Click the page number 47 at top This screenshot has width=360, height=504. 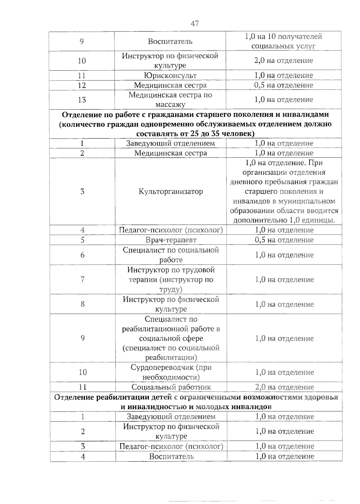coord(194,23)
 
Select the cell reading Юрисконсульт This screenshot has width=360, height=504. coord(170,75)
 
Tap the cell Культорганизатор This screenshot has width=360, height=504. coord(171,191)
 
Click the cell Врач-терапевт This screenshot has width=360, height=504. coord(171,240)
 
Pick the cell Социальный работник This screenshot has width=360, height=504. coord(171,387)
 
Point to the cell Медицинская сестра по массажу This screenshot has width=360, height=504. coord(170,100)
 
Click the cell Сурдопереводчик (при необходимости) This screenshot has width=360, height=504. coord(171,372)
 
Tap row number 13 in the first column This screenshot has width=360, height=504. coord(82,100)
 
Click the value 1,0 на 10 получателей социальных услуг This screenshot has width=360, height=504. coord(283,41)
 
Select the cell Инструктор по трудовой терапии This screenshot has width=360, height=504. coord(171,280)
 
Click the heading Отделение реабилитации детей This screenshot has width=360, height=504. coord(196,402)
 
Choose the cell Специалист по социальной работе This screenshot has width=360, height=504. coord(171,255)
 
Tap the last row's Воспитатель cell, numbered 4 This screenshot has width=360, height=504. coord(171,457)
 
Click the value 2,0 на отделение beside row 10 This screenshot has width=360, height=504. coord(283,61)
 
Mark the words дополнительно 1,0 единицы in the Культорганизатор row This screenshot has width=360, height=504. coord(284,220)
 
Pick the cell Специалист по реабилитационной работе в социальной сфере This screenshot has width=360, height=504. coord(171,338)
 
